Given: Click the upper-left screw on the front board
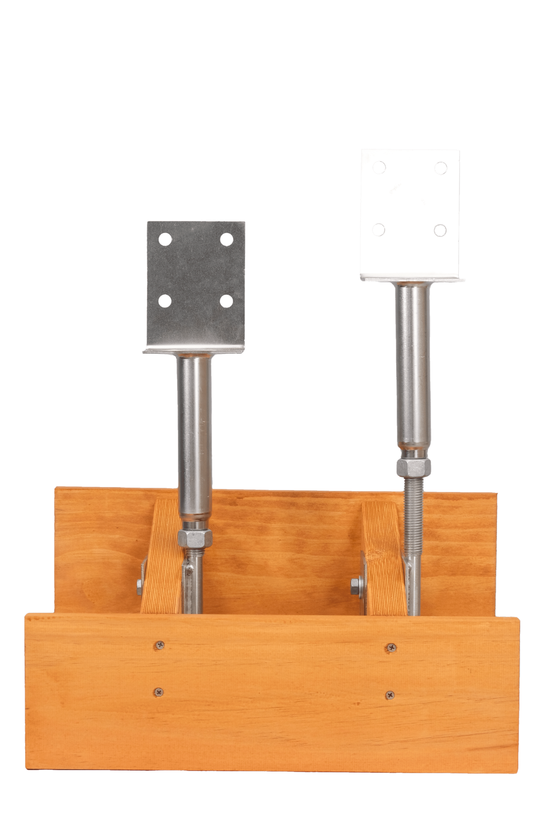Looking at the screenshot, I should coord(160,645).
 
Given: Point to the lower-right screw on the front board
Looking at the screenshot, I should coord(389,695).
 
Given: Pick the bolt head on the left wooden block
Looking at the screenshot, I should coord(139,584).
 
